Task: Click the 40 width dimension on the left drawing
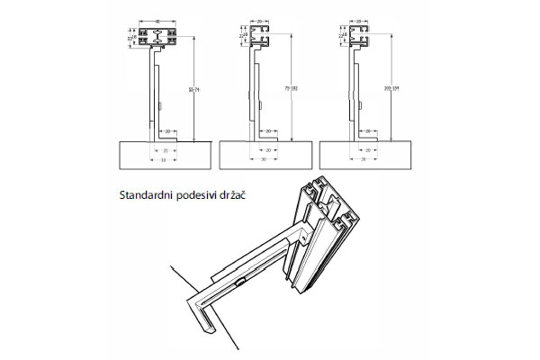click(157, 20)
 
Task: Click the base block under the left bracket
click(163, 154)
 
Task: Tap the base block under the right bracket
click(364, 154)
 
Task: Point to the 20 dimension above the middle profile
click(260, 20)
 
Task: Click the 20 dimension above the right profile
click(361, 20)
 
